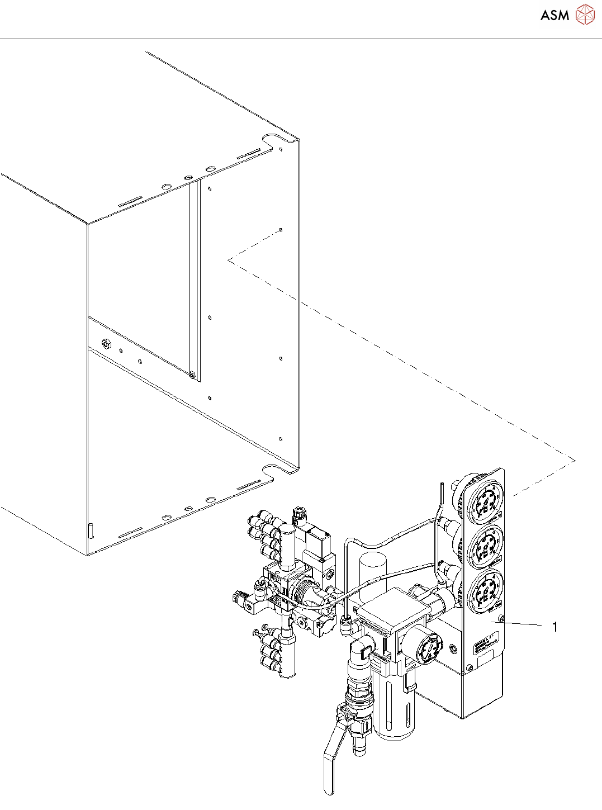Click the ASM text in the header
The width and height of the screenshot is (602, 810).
554,15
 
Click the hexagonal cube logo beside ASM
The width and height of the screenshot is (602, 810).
585,15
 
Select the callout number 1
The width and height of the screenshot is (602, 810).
554,627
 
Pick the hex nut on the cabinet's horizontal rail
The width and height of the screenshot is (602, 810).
103,342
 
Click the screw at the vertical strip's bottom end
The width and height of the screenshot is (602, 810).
192,375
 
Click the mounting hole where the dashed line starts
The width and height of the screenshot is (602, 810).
281,230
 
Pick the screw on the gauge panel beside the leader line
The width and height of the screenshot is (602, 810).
502,619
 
